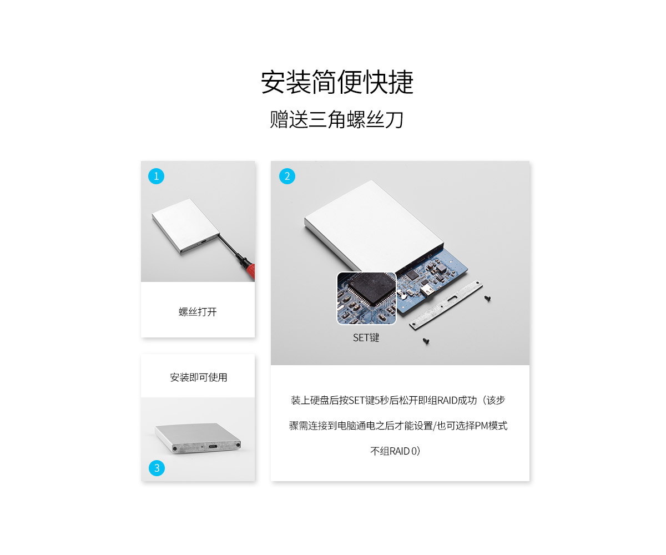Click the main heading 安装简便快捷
click(x=337, y=82)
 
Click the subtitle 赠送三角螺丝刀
click(x=336, y=120)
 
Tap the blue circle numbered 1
click(x=157, y=176)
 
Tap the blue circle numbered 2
click(x=287, y=176)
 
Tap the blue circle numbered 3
click(x=157, y=468)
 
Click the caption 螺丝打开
click(x=198, y=311)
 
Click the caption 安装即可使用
click(x=198, y=377)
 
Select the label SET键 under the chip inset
click(x=366, y=337)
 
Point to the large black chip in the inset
click(x=370, y=289)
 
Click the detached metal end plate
click(x=446, y=305)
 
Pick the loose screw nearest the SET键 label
click(x=426, y=341)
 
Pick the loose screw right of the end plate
click(x=487, y=298)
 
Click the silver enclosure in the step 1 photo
click(x=185, y=226)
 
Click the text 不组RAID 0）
click(x=395, y=451)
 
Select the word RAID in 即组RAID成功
click(x=447, y=400)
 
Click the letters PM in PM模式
click(x=481, y=426)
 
